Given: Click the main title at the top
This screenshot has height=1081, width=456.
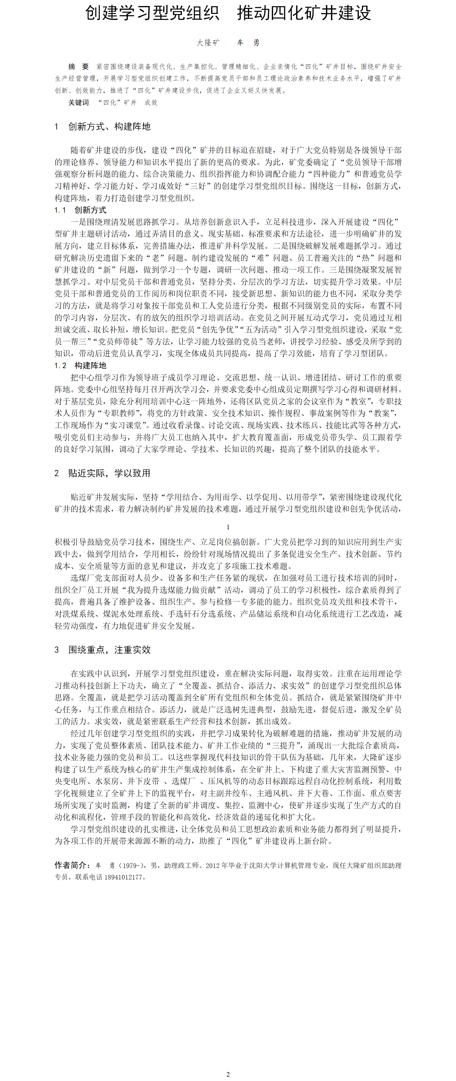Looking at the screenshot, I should pyautogui.click(x=228, y=13).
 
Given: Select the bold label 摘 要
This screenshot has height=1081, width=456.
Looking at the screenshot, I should pyautogui.click(x=78, y=67).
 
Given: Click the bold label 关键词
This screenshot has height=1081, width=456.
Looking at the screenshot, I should pyautogui.click(x=78, y=102).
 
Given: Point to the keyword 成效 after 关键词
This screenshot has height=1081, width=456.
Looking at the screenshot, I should pyautogui.click(x=151, y=102).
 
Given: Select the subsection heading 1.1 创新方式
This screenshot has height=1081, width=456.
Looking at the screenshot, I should pyautogui.click(x=80, y=210).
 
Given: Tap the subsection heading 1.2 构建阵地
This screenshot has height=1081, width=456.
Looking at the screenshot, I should pyautogui.click(x=80, y=365).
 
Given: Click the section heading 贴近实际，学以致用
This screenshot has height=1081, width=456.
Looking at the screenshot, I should pyautogui.click(x=109, y=473).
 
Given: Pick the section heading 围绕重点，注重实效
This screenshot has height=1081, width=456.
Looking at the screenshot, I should pyautogui.click(x=109, y=650).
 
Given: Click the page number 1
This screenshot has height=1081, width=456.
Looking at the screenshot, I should pyautogui.click(x=228, y=527).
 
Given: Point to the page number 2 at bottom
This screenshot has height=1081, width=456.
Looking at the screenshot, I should pyautogui.click(x=228, y=1074).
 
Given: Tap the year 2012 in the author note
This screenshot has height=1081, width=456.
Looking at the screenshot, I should pyautogui.click(x=213, y=865).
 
